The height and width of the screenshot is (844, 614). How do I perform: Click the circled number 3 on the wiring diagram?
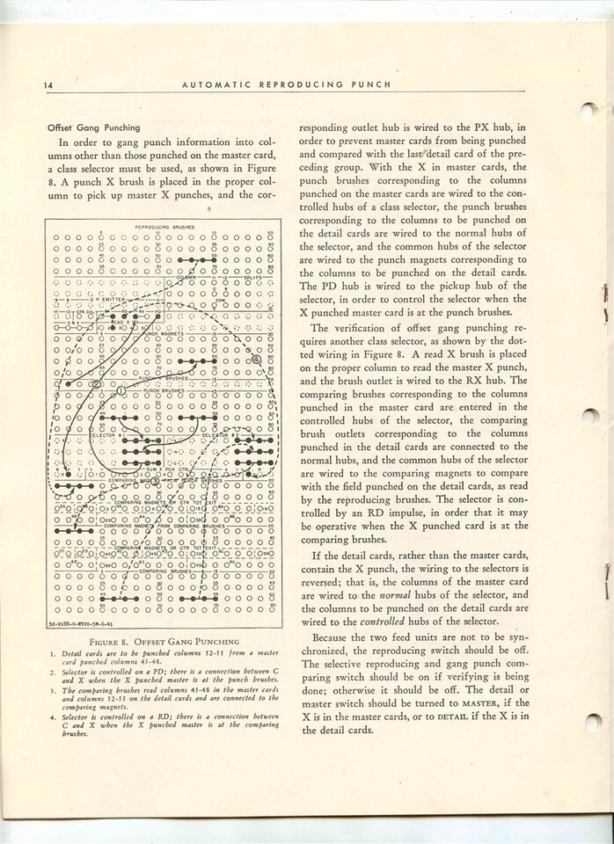[155, 481]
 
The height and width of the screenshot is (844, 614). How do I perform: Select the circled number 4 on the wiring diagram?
[256, 360]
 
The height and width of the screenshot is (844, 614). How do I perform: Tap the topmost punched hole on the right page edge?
[590, 112]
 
